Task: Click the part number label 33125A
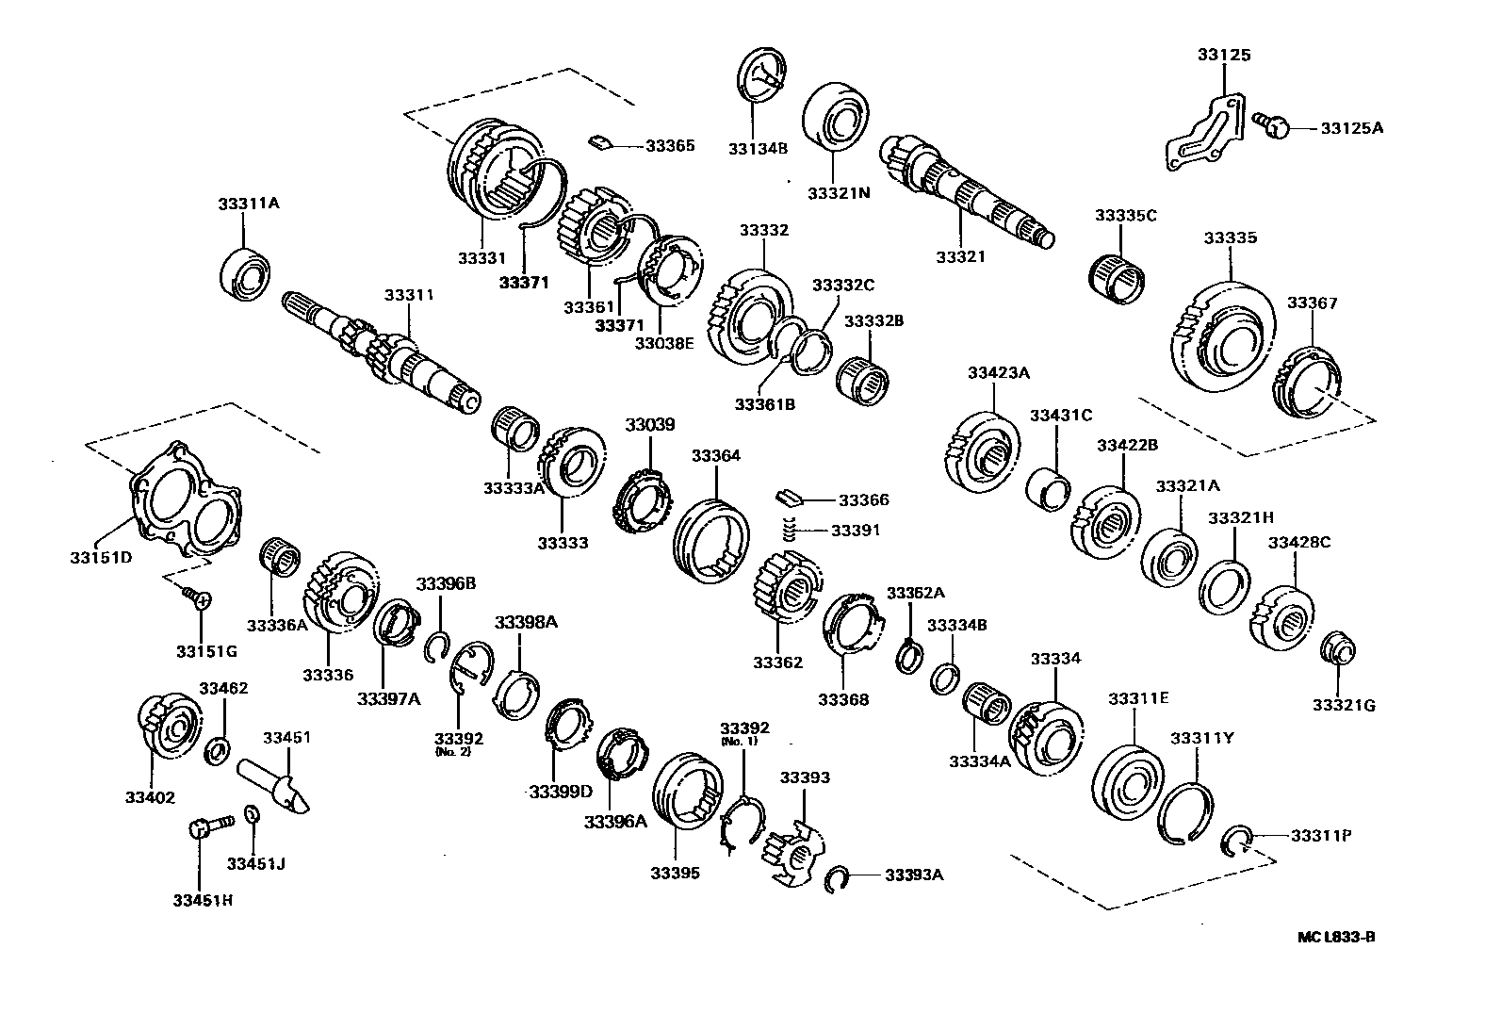1351,127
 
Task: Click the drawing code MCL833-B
1336,937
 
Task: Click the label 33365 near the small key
670,145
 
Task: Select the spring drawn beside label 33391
791,530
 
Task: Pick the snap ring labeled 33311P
1236,841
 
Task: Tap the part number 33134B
757,147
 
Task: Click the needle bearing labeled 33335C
1118,276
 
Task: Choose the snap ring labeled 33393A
835,880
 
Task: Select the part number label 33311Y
1201,738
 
